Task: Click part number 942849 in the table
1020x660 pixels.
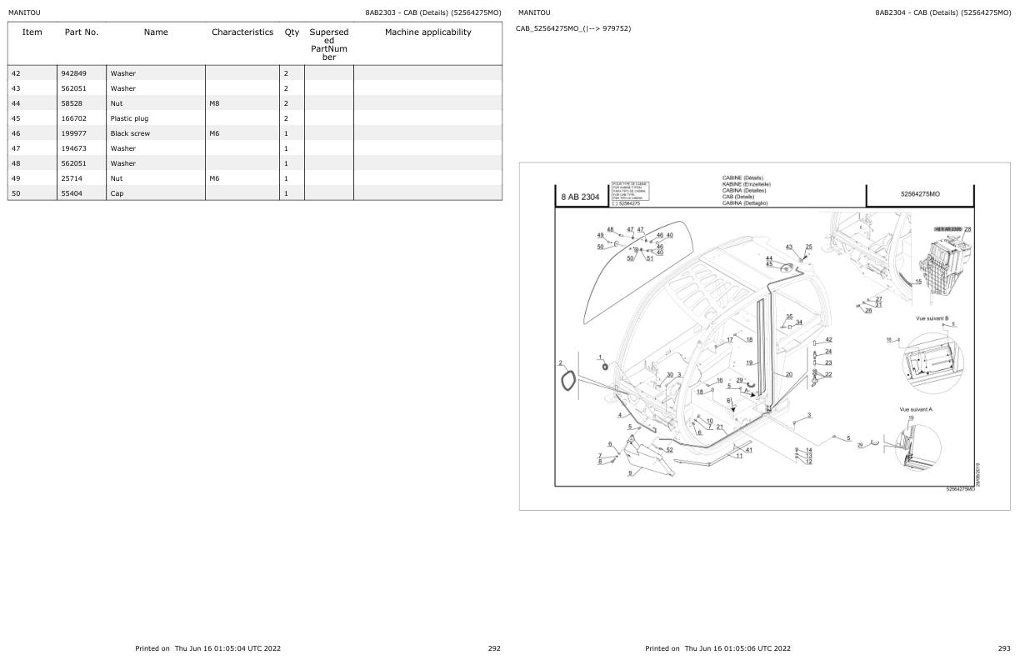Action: [74, 73]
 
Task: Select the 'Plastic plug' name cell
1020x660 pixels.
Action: [129, 118]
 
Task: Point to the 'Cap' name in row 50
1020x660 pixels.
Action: [117, 193]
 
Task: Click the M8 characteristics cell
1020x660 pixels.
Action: [215, 103]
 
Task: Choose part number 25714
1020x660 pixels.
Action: [72, 178]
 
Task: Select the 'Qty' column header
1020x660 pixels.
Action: [292, 32]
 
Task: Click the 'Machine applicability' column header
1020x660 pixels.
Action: [427, 32]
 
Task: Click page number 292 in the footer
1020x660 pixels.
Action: [493, 647]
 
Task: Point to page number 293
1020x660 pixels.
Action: [1003, 647]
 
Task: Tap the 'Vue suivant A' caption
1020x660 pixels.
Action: [916, 409]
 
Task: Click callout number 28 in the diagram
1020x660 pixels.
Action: [967, 229]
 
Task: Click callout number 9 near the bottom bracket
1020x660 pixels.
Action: [630, 472]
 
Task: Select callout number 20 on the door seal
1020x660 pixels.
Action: [788, 374]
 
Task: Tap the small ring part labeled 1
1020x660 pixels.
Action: [604, 367]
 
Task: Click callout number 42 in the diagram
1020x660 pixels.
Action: [828, 340]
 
